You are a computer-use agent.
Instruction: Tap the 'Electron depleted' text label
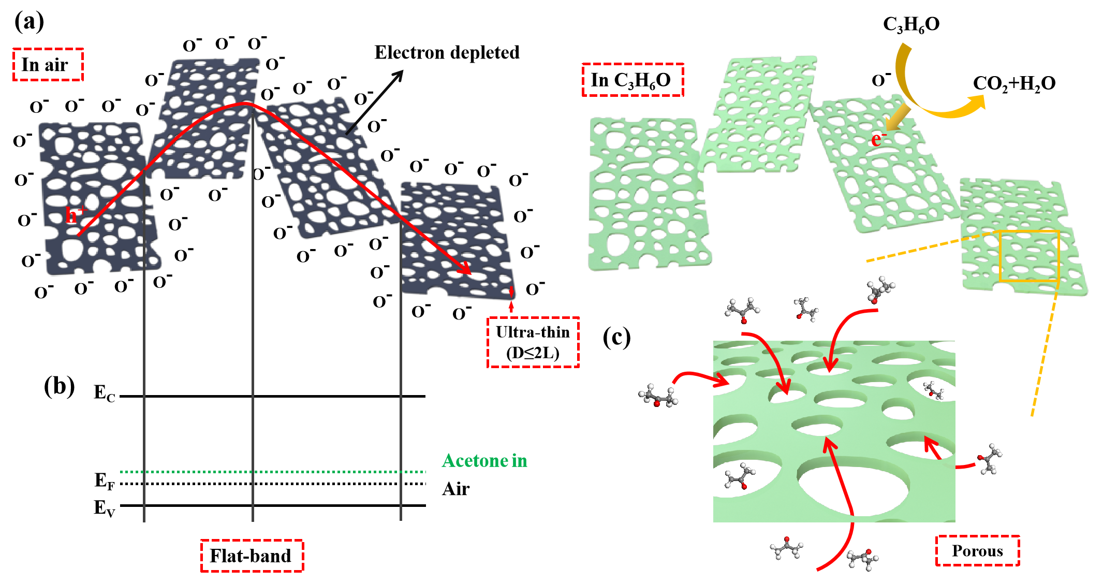point(447,53)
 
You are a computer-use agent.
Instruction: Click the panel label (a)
point(29,22)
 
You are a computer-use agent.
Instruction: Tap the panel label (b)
point(59,387)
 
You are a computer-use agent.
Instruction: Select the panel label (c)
point(617,338)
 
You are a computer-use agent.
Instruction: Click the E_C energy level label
point(104,393)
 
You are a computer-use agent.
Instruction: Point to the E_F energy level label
point(104,480)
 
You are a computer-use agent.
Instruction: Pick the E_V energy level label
point(104,508)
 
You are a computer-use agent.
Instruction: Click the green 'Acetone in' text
point(484,460)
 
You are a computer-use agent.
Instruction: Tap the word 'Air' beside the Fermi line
point(456,489)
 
